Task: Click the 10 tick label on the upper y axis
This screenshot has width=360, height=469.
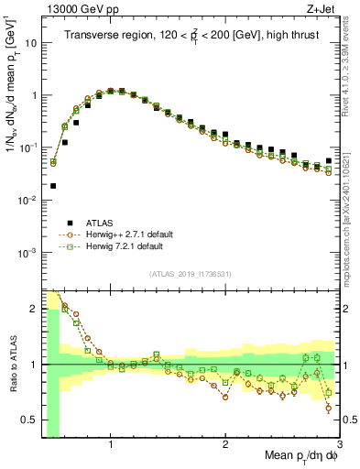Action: (x=28, y=43)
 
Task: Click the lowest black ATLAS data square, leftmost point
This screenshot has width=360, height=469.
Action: (x=53, y=185)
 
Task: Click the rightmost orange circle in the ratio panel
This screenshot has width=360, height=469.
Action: (x=328, y=409)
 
